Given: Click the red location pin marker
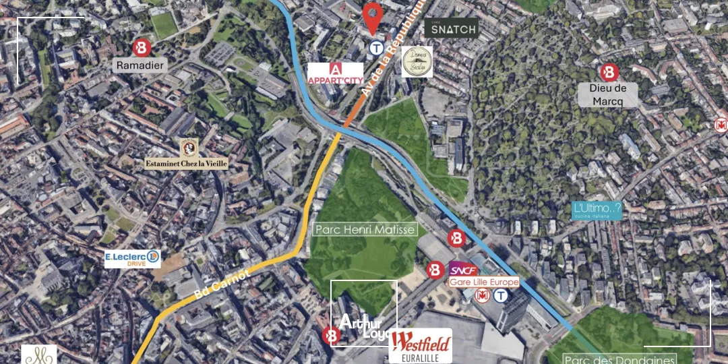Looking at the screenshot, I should pos(371,17).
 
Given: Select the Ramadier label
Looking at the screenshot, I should pos(140,65).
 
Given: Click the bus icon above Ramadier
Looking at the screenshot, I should pos(141,47).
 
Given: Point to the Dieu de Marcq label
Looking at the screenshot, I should pos(608,95).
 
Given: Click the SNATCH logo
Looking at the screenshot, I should pos(451,28).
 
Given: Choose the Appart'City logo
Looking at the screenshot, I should pos(336,73).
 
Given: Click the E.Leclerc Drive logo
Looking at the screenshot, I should pos(133,258).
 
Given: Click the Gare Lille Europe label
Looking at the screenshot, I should pos(484,282).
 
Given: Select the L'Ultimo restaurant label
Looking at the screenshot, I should pos(596,210).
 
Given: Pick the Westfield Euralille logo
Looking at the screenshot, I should pos(421,346).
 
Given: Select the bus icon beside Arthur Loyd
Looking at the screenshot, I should pos(330,335).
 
